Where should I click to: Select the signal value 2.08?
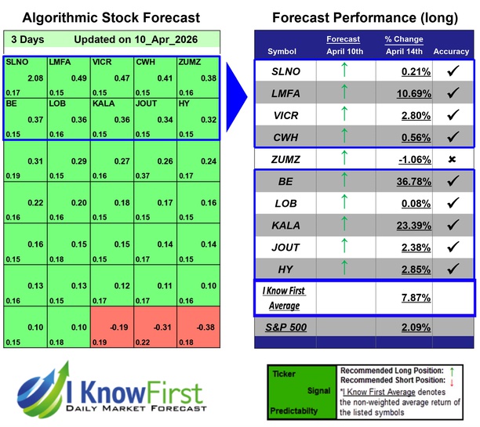(35, 79)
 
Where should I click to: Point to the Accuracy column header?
(451, 51)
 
